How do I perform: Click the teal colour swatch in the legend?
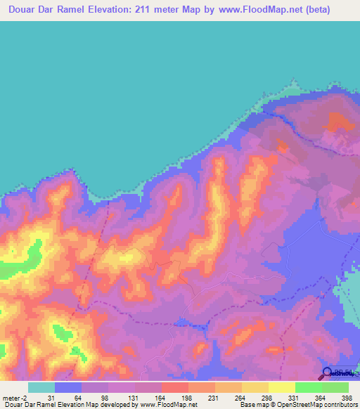pyautogui.click(x=41, y=387)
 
